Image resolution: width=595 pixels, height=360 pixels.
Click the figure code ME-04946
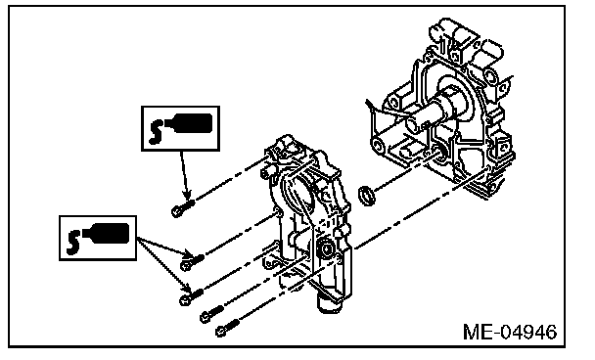[x=510, y=332]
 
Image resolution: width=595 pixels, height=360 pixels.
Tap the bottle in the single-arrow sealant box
[x=189, y=123]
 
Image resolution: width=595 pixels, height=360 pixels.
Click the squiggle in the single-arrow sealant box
[x=156, y=132]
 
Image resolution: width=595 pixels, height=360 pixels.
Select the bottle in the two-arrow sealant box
[x=106, y=233]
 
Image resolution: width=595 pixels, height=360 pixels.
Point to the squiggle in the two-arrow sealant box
[x=72, y=242]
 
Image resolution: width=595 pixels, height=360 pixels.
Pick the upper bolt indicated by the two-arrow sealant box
[x=192, y=262]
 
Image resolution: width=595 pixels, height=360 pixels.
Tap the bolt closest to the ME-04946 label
[x=228, y=328]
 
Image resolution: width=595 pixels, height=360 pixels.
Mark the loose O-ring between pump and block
[x=367, y=195]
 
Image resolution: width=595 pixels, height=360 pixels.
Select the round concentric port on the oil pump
[x=325, y=249]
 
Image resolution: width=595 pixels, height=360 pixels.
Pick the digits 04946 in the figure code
[x=527, y=332]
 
